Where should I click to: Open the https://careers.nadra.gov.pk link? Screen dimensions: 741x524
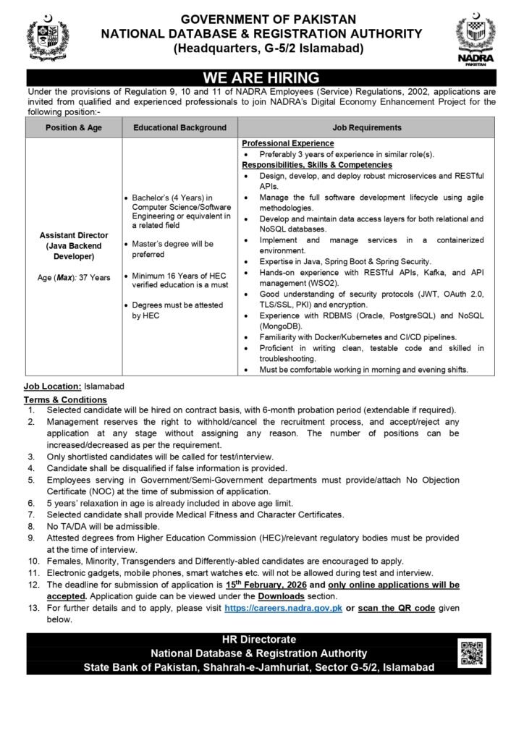pos(282,609)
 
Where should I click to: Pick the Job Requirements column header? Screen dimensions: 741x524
pos(367,127)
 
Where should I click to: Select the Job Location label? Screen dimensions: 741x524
pos(52,388)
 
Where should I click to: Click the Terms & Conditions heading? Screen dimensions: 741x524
pos(65,399)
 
